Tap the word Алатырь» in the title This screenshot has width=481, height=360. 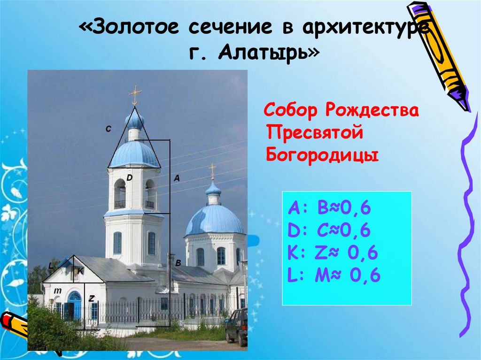pos(268,53)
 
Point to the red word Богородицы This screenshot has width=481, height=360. pos(322,154)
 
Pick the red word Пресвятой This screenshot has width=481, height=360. pos(315,133)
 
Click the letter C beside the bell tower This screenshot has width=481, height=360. pos(108,129)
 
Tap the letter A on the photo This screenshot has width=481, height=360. pos(177,178)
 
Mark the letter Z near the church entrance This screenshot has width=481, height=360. pos(92,298)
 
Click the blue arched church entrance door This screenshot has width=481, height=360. pos(74,306)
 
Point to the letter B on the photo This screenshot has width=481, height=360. pos(178,264)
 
